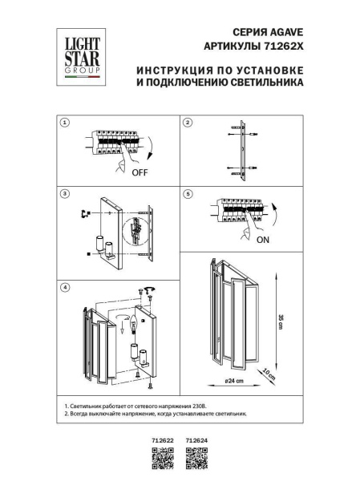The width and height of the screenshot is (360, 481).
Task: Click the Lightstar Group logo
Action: [77, 54]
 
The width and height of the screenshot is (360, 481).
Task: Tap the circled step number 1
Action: [66, 123]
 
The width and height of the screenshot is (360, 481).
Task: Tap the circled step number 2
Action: [188, 123]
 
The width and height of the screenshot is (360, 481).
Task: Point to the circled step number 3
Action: [66, 195]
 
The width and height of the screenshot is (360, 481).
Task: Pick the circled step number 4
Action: [66, 286]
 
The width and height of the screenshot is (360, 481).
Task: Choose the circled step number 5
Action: [188, 195]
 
